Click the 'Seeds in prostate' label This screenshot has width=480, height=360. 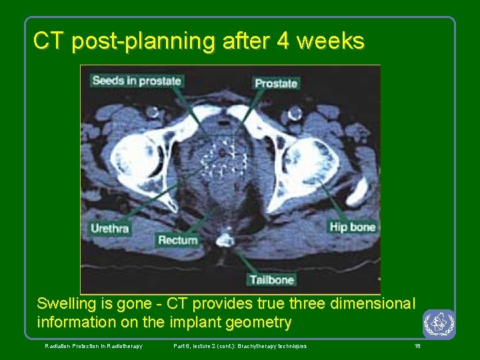point(137,81)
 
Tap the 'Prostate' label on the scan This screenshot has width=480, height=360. point(276,83)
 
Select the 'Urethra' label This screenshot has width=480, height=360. point(110,228)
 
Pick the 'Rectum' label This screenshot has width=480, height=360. point(178,240)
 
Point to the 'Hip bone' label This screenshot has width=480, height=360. point(353,227)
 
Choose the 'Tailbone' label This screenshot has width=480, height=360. point(273,279)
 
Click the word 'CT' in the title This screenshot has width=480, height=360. point(49,41)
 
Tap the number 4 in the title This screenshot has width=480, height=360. point(283,41)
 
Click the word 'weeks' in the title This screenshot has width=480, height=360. point(331,41)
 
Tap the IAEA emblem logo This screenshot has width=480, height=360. point(439,324)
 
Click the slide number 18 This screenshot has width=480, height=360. point(417,346)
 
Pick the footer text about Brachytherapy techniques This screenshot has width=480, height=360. point(240,346)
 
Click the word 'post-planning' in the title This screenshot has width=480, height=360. point(143,41)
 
